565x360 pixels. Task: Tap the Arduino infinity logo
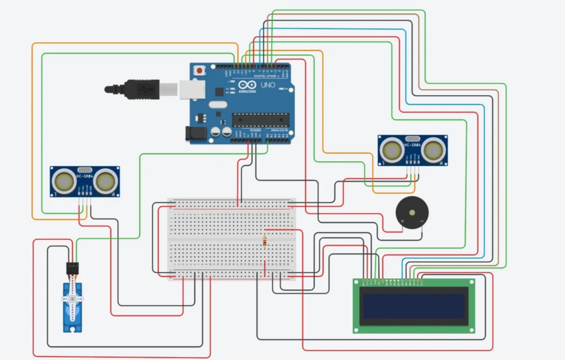click(x=248, y=85)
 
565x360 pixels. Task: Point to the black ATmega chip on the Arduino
click(x=260, y=120)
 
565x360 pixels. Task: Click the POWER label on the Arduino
click(x=255, y=130)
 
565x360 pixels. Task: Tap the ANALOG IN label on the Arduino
click(x=280, y=130)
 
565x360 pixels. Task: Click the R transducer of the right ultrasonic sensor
click(x=433, y=150)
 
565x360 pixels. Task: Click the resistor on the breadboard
click(x=265, y=242)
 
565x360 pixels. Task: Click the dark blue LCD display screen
click(x=414, y=306)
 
